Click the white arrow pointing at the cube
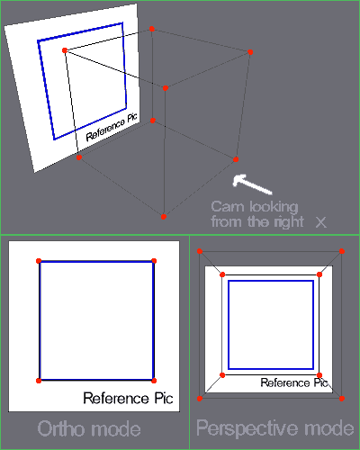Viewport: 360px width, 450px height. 251,184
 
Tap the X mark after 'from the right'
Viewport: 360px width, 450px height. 320,222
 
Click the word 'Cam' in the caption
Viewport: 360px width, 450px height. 228,207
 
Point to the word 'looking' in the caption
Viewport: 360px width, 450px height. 274,208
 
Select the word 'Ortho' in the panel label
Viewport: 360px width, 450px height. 61,428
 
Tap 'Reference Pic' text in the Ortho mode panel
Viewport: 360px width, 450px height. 128,398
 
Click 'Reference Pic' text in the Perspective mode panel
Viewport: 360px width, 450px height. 293,382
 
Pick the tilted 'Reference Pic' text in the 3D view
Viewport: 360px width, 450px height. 112,127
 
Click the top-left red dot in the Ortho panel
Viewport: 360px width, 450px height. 39,261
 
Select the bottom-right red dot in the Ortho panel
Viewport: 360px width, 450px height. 154,381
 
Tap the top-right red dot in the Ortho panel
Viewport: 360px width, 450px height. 154,261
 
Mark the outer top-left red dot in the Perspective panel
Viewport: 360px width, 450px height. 200,251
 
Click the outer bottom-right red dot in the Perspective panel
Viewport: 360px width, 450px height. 342,399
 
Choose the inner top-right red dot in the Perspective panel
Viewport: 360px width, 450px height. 319,274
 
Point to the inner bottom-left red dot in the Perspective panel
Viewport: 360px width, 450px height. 222,375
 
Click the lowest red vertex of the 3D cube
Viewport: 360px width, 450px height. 164,217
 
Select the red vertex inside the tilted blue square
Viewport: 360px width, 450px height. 65,50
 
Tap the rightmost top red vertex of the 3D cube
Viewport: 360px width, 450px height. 250,52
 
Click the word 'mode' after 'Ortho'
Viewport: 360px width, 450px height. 115,429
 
